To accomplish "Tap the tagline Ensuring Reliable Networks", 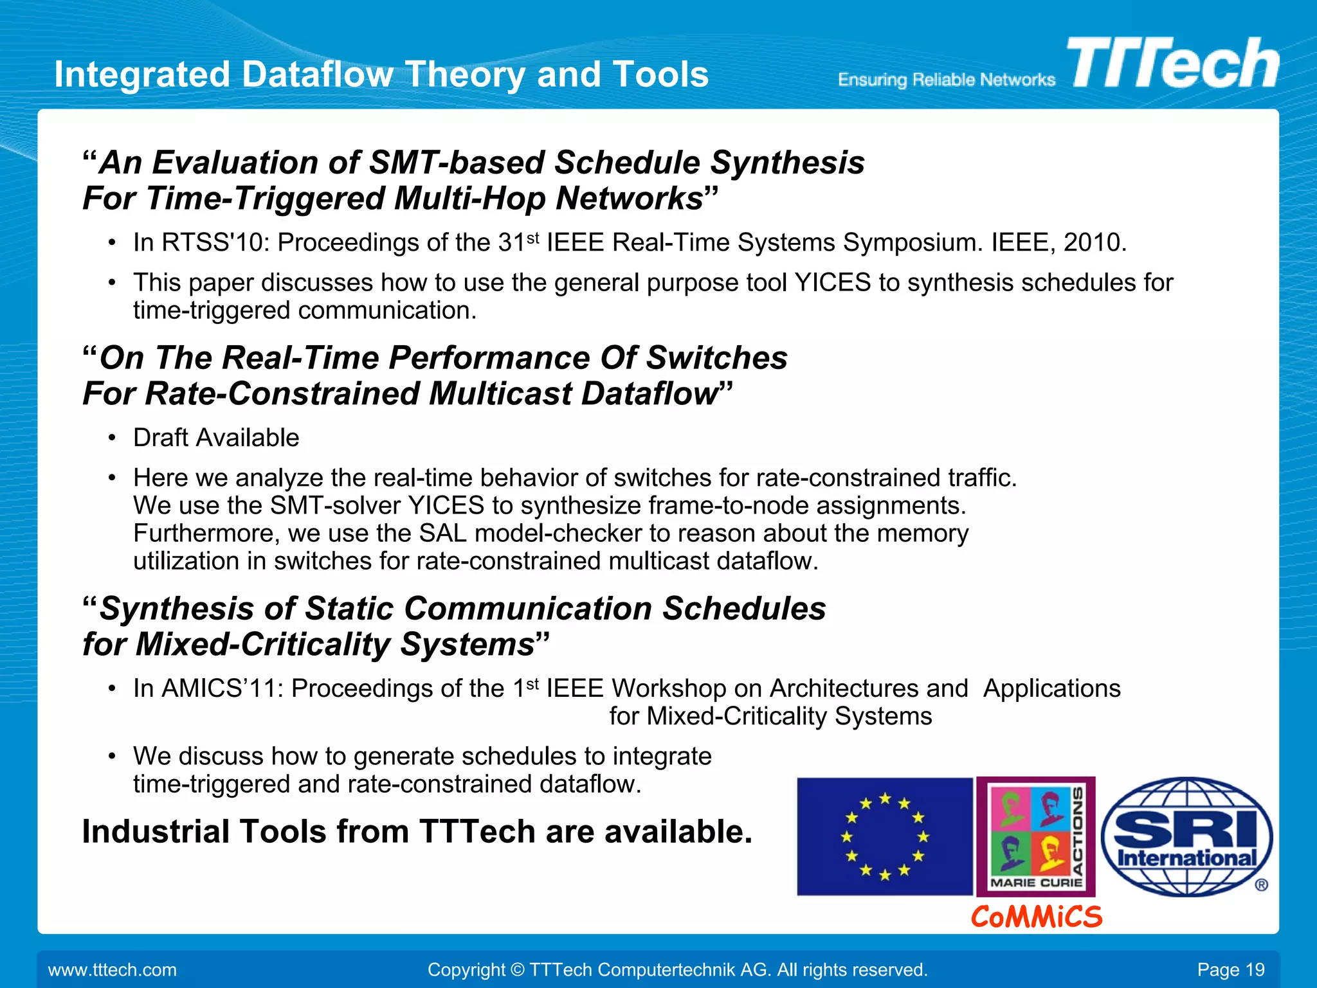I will coord(946,80).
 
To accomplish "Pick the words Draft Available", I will coord(216,438).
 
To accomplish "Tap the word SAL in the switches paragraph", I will coord(442,534).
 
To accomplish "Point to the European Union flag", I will coord(884,836).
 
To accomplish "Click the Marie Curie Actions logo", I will coord(1035,836).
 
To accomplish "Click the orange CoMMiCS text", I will coord(1036,917).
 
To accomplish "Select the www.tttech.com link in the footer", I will coord(113,970).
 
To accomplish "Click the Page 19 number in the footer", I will coord(1230,970).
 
